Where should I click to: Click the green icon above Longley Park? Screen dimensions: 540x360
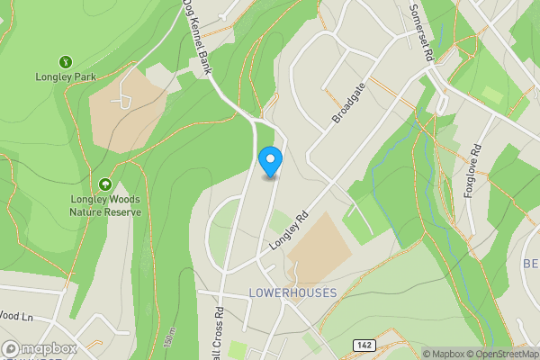pyautogui.click(x=66, y=61)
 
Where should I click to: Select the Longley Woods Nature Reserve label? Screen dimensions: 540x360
pyautogui.click(x=105, y=206)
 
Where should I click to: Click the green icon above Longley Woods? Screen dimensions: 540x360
pyautogui.click(x=105, y=183)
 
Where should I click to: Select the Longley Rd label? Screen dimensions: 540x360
pyautogui.click(x=288, y=230)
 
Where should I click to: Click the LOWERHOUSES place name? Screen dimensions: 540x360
pyautogui.click(x=293, y=293)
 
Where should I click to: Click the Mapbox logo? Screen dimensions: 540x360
pyautogui.click(x=40, y=348)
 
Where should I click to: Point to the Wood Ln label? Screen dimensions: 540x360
pyautogui.click(x=16, y=316)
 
